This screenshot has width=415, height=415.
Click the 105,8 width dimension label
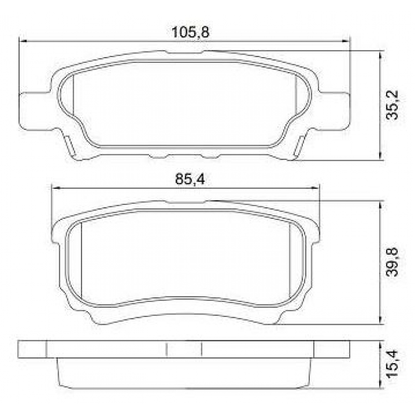tap(190, 32)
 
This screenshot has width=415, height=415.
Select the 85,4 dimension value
tap(190, 179)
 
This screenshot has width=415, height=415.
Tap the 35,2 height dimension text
tap(392, 105)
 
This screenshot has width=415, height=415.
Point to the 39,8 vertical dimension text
tap(392, 262)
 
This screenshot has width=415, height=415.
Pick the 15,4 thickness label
tap(392, 364)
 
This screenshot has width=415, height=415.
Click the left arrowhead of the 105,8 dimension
tap(23, 41)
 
